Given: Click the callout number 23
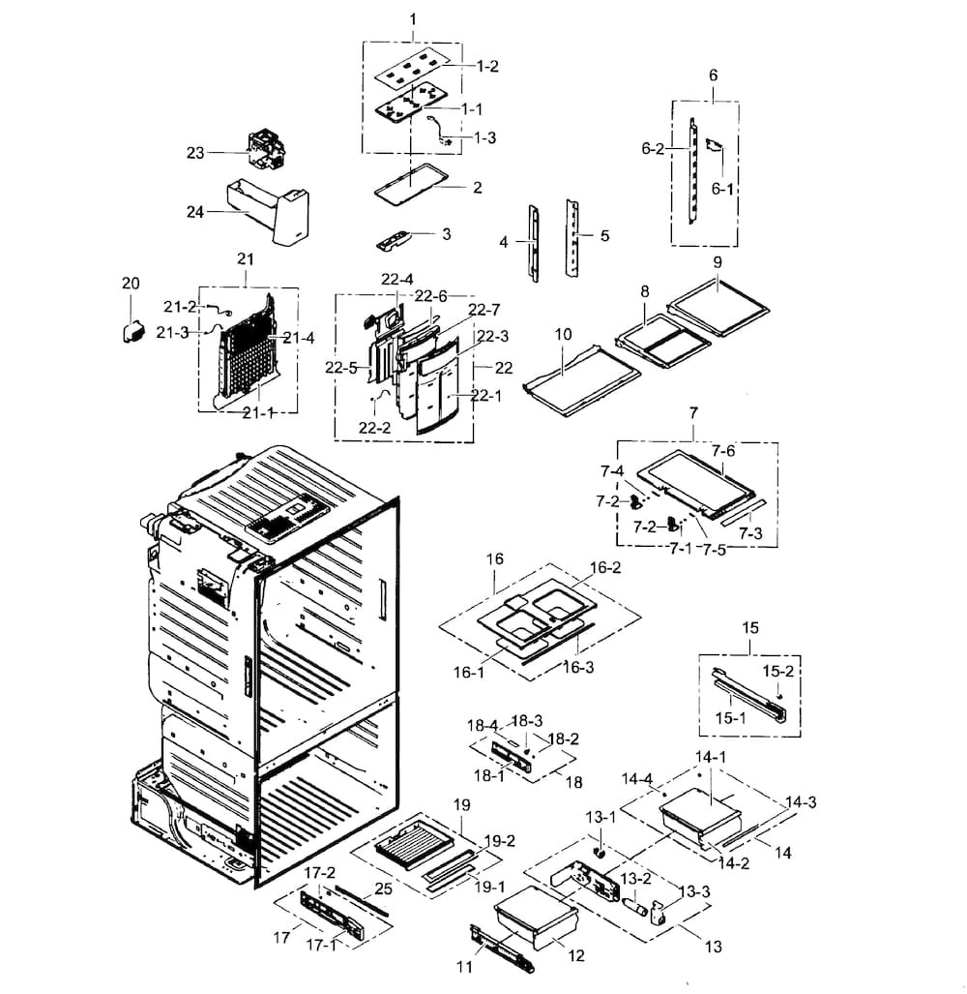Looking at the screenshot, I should click(x=195, y=153).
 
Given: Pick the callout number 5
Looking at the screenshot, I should click(x=604, y=235).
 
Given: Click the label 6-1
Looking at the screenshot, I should click(x=723, y=190).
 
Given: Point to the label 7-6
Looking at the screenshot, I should click(x=723, y=451).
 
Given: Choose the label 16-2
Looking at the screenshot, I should click(x=605, y=568).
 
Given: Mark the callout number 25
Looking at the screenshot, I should click(x=383, y=889).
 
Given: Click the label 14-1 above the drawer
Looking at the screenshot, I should click(x=712, y=756).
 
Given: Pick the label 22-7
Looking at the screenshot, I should click(x=483, y=310).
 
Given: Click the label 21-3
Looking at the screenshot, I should click(x=176, y=332).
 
